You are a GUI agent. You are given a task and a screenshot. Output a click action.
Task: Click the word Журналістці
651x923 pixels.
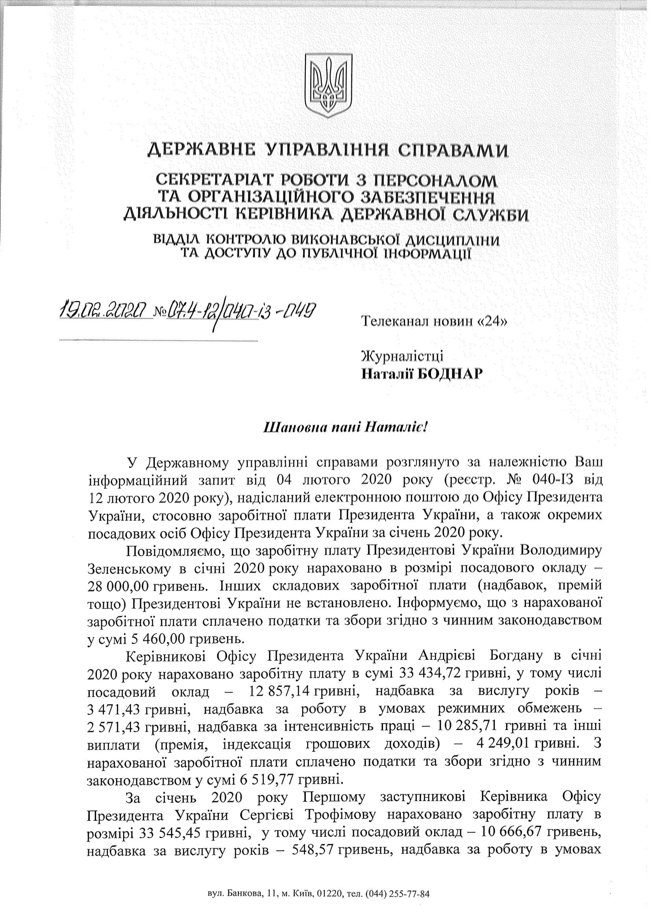tap(402, 356)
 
